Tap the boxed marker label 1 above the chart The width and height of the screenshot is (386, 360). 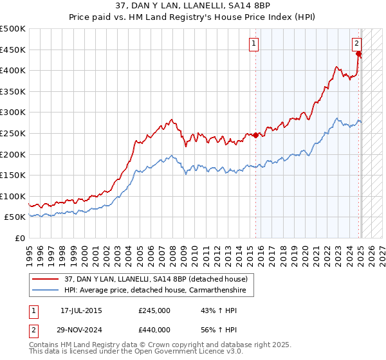point(254,44)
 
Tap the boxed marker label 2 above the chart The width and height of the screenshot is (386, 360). point(356,44)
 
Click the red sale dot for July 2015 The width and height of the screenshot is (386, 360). point(255,135)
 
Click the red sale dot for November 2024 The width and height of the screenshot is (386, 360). point(359,53)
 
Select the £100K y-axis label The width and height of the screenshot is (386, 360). point(14,196)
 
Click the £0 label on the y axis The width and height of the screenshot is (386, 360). point(21,238)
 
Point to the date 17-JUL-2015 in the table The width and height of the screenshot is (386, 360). point(81,310)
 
